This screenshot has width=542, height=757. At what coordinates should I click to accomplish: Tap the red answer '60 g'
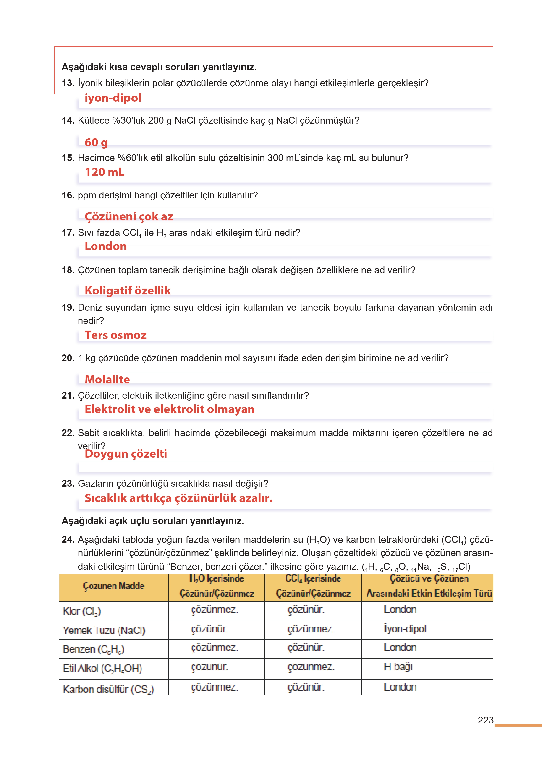96,142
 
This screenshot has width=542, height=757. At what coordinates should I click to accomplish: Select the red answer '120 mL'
105,172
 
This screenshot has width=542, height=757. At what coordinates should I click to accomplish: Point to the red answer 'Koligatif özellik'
128,291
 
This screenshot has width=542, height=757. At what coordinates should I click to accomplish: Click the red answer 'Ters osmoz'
115,335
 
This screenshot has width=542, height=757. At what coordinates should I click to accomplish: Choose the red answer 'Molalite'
107,379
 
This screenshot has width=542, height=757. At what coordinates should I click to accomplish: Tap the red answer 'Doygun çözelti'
126,453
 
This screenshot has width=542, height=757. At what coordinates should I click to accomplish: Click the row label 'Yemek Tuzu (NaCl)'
104,630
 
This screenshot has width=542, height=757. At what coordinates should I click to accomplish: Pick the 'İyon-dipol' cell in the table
405,629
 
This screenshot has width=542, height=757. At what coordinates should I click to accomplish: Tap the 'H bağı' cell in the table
398,667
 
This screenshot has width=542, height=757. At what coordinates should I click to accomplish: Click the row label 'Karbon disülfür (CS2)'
108,689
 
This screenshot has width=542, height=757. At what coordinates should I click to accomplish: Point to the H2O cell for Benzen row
214,648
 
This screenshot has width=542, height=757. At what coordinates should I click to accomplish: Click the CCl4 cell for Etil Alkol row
311,667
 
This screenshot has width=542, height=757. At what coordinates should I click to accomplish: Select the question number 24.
68,540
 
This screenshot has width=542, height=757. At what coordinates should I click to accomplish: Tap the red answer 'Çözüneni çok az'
129,216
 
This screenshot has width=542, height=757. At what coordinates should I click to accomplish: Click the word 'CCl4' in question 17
132,233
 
